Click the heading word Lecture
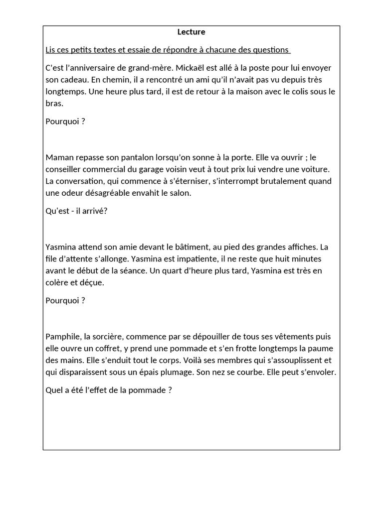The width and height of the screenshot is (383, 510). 191,32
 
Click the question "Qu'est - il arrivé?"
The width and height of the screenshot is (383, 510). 76,211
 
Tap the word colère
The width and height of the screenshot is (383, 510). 59,282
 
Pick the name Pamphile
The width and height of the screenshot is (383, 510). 63,336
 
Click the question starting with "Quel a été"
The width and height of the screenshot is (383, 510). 108,390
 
